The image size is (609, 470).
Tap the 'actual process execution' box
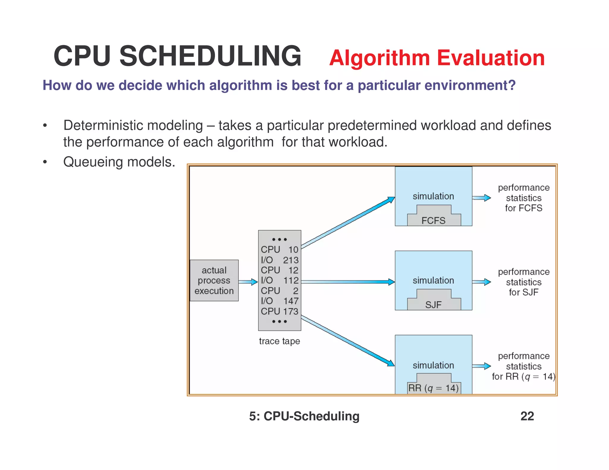pos(214,280)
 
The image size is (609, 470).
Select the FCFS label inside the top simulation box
pos(433,221)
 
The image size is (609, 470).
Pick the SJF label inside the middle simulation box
pos(433,305)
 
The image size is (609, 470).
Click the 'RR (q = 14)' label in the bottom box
pos(433,388)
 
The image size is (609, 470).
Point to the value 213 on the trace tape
pos(291,260)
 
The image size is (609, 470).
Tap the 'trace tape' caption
pos(279,341)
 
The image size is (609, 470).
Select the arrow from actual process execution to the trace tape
pos(248,282)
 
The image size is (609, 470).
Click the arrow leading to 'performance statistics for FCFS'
pos(481,198)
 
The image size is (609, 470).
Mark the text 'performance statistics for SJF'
pos(523,282)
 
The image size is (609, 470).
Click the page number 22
pos(527,416)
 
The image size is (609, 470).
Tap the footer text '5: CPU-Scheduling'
pos(304,416)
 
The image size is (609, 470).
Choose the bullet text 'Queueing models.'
pos(119,162)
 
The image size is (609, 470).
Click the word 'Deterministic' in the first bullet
pos(103,125)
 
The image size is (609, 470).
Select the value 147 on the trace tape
pos(291,301)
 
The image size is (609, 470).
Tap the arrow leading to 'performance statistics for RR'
pos(481,366)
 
